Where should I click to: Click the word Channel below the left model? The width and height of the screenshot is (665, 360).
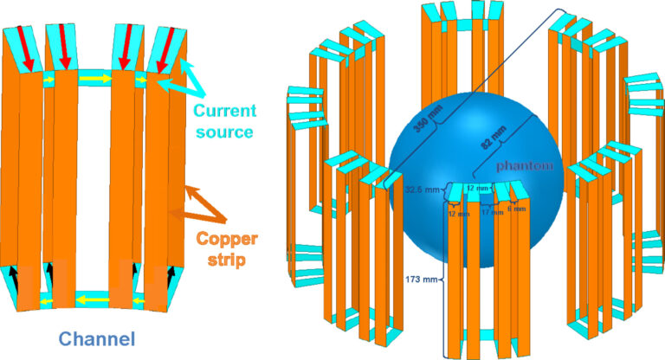click(x=98, y=339)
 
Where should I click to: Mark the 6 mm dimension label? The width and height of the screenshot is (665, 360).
click(x=517, y=209)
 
